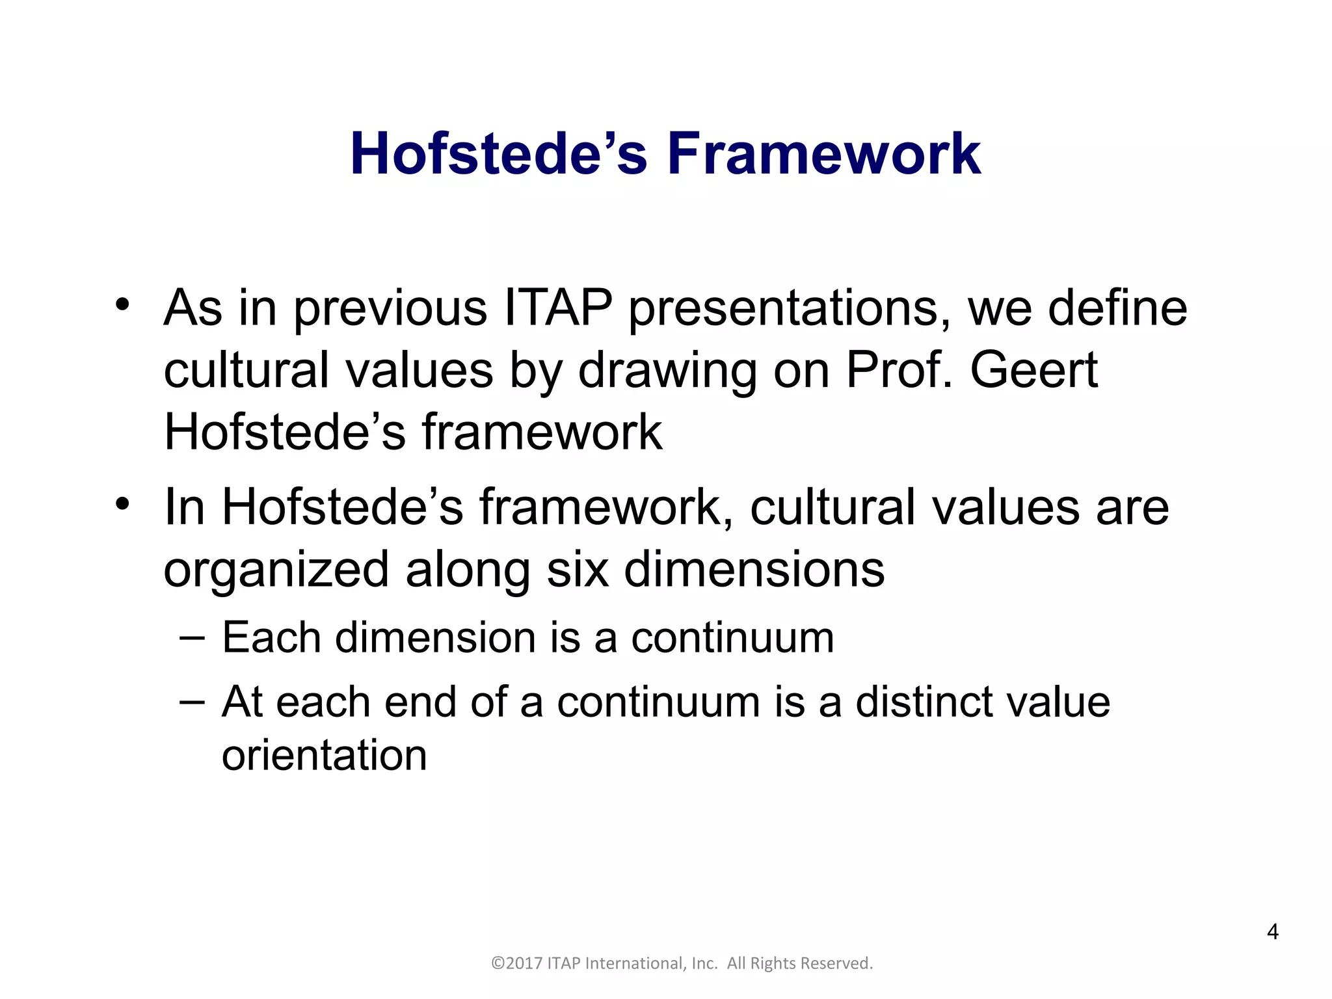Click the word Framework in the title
823,155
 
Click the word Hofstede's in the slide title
499,155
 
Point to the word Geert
1034,370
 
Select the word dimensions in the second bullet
754,569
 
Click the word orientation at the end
324,755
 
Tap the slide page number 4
1273,932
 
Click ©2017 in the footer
517,963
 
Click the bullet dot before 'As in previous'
123,304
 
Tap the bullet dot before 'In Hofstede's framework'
123,504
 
